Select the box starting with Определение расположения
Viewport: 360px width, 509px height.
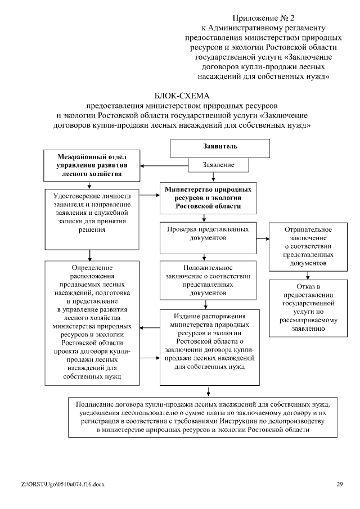(92, 322)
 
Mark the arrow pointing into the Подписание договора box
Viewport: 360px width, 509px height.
(209, 390)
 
